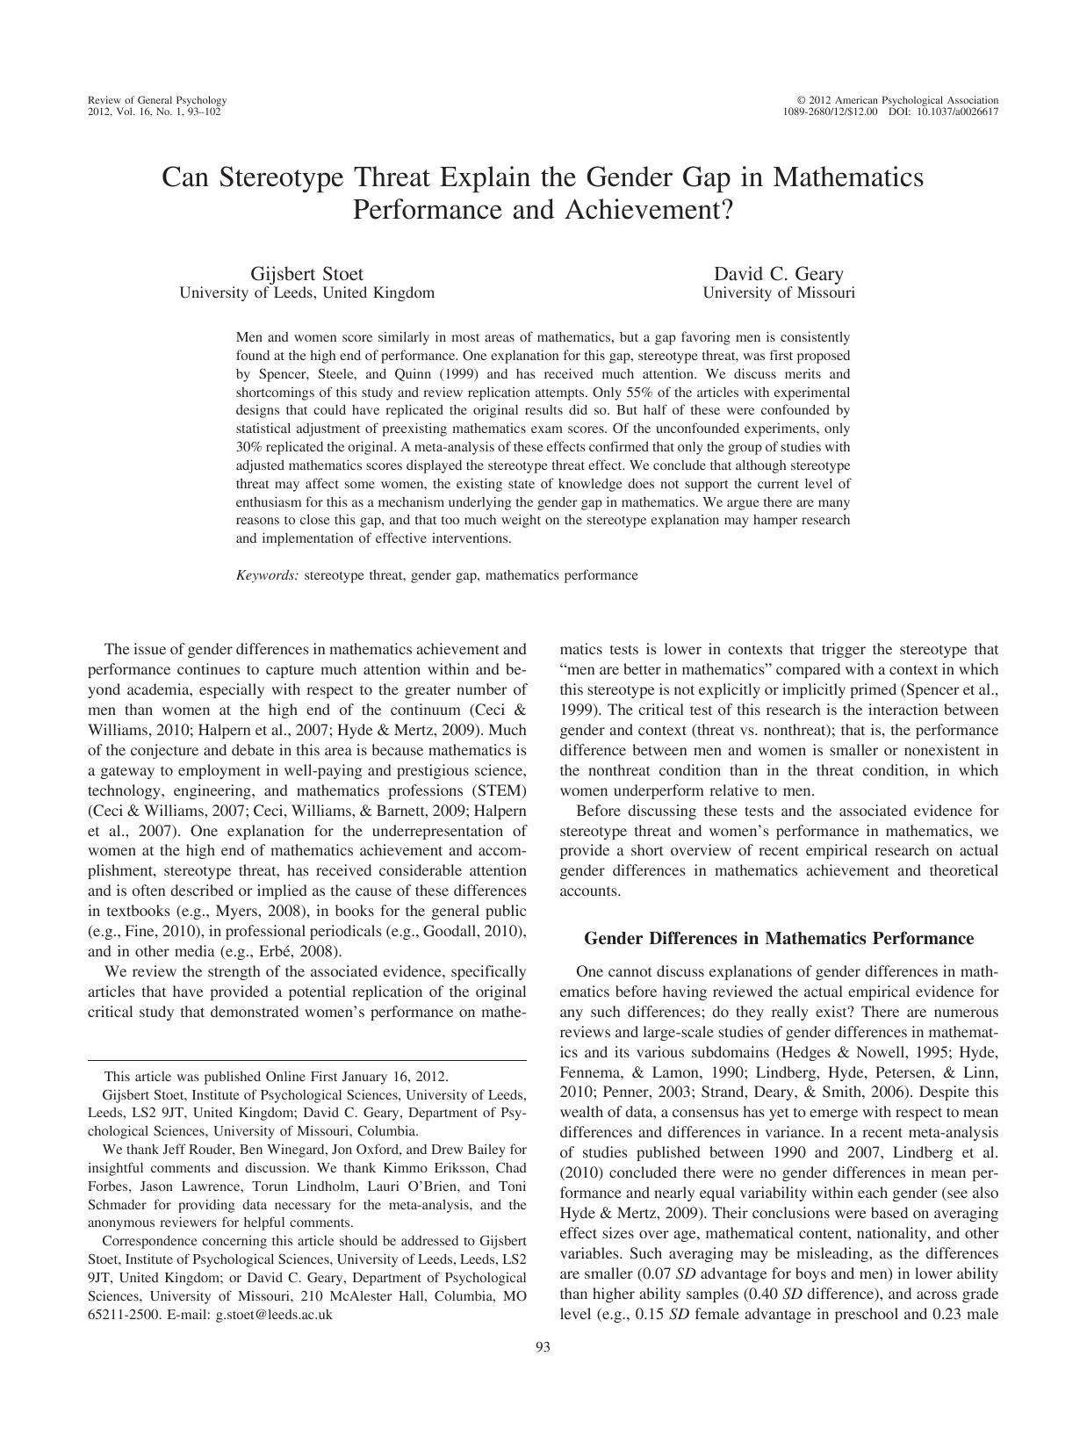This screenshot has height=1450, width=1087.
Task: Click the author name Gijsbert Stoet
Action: click(x=306, y=274)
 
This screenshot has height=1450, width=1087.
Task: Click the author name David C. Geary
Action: click(x=778, y=274)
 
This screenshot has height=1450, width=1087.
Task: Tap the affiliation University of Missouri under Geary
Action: click(x=778, y=293)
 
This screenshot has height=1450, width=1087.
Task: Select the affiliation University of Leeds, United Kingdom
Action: click(x=306, y=293)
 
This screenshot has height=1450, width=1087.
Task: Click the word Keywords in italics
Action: click(x=267, y=576)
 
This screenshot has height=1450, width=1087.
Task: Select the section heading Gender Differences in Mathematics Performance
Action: click(x=778, y=939)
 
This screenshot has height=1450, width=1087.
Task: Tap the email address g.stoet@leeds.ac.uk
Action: click(x=274, y=1315)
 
